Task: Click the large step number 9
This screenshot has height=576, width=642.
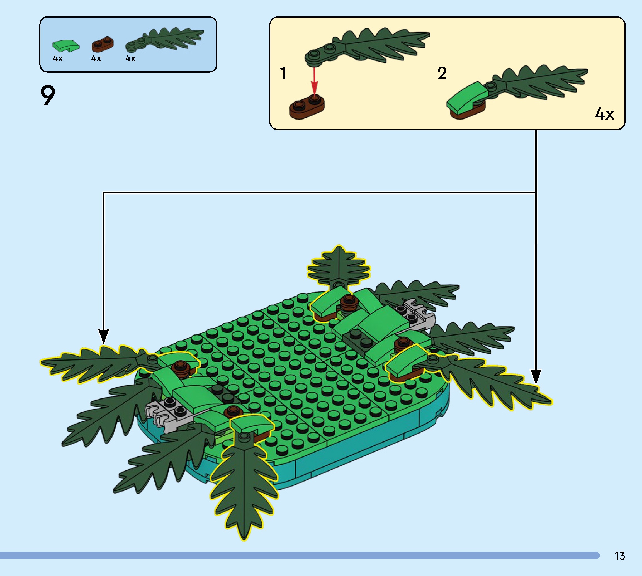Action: coord(48,95)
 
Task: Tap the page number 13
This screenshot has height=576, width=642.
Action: coord(619,556)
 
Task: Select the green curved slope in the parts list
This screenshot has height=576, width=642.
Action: coord(66,46)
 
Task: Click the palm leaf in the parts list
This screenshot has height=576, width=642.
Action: coord(164,40)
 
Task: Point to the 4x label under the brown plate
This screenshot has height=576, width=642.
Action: coord(96,59)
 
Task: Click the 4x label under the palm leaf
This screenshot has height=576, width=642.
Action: coord(130,59)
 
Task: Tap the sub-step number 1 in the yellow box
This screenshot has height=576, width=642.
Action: coord(283,73)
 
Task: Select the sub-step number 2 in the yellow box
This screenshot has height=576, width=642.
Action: coord(442,73)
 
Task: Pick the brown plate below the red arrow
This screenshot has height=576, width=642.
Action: coord(307,107)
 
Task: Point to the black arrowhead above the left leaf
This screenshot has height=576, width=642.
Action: coord(103,336)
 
